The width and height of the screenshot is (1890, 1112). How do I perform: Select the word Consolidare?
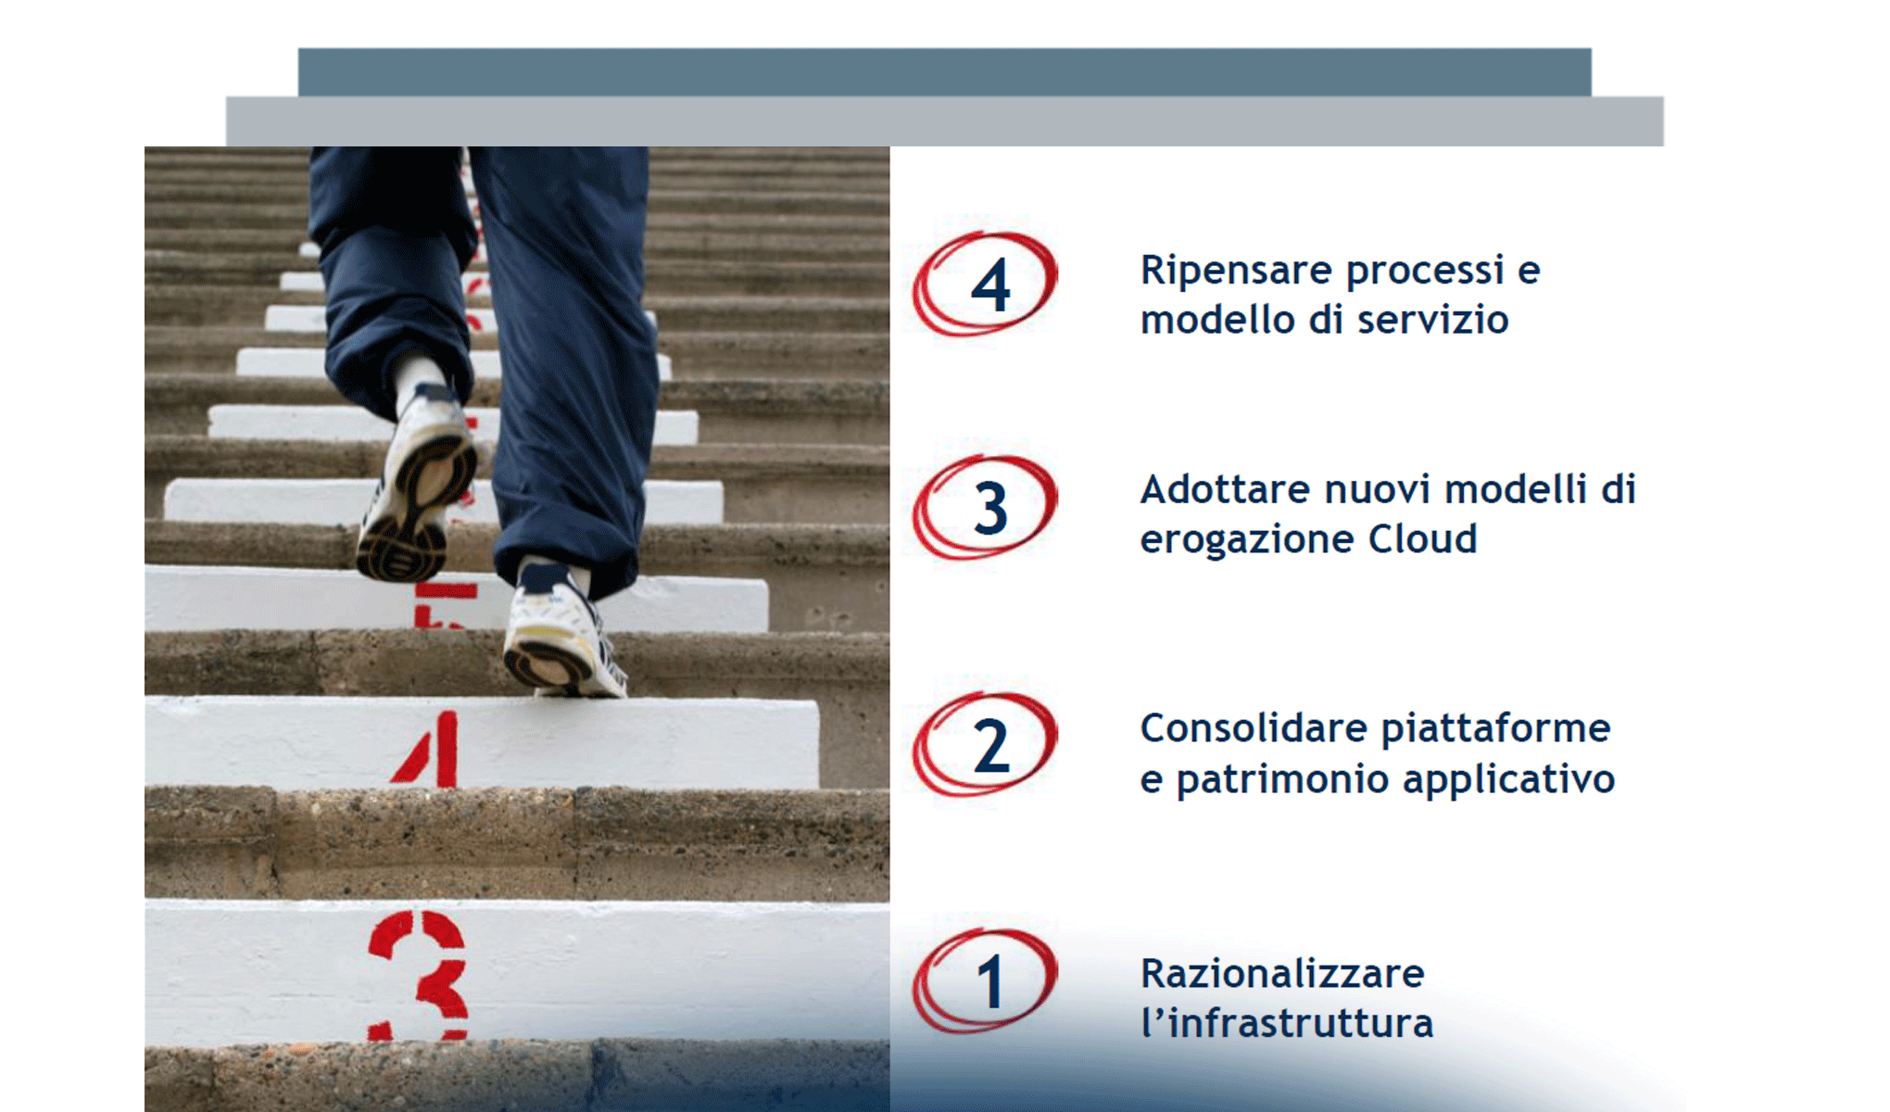pyautogui.click(x=1254, y=728)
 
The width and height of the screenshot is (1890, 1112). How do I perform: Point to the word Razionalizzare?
pyautogui.click(x=1282, y=974)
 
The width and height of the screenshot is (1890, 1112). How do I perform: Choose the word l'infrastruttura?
pyautogui.click(x=1288, y=1024)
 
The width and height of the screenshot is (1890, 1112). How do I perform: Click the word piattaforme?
pyautogui.click(x=1495, y=728)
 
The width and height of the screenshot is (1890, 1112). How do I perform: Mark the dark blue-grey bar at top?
pyautogui.click(x=944, y=71)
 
